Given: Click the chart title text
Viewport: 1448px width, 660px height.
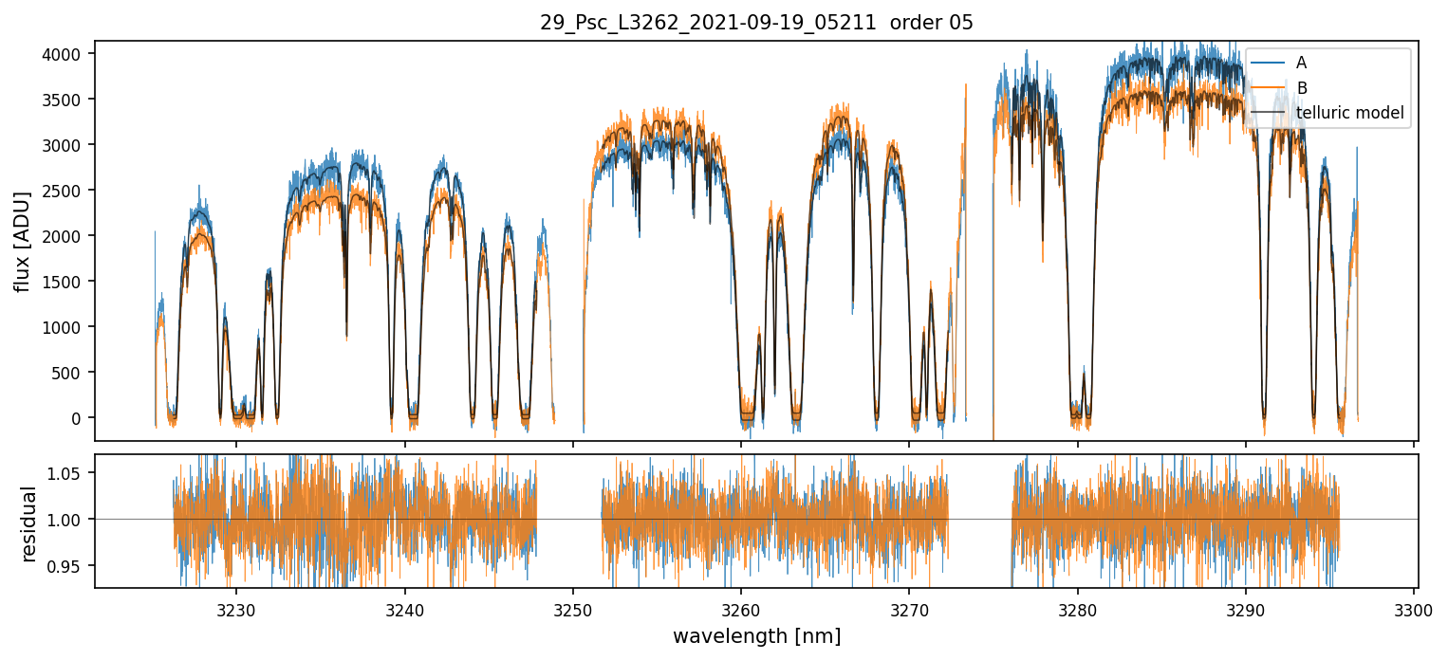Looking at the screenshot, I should pyautogui.click(x=756, y=23).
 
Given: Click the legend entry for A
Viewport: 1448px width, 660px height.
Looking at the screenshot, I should pyautogui.click(x=1301, y=63).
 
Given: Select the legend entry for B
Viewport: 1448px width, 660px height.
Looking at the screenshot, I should pyautogui.click(x=1302, y=88).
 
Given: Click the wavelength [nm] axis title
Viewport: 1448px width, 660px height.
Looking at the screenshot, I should pyautogui.click(x=756, y=636).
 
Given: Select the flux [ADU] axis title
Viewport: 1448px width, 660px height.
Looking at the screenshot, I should pyautogui.click(x=22, y=241).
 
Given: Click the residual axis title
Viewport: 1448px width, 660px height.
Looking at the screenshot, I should pyautogui.click(x=28, y=523).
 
